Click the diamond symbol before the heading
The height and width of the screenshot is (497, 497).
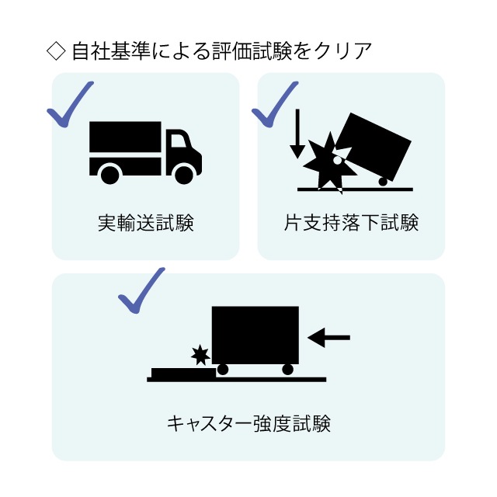(x=56, y=51)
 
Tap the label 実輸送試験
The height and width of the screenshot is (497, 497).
(x=145, y=223)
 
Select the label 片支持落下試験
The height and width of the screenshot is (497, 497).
(x=351, y=223)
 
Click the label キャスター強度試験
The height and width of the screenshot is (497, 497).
(x=248, y=423)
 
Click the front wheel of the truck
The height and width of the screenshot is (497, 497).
(x=184, y=175)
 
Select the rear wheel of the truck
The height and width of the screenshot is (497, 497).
(x=110, y=175)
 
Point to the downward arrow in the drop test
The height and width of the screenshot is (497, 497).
(x=297, y=134)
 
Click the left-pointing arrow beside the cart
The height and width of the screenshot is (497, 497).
(x=328, y=338)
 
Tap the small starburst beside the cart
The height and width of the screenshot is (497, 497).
(x=200, y=355)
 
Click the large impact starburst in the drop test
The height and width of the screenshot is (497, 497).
(x=330, y=163)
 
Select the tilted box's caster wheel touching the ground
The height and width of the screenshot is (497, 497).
(x=383, y=182)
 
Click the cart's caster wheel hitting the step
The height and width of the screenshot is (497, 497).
(x=223, y=370)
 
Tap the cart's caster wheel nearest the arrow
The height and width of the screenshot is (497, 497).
(x=287, y=370)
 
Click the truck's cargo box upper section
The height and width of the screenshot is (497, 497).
(x=125, y=137)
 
